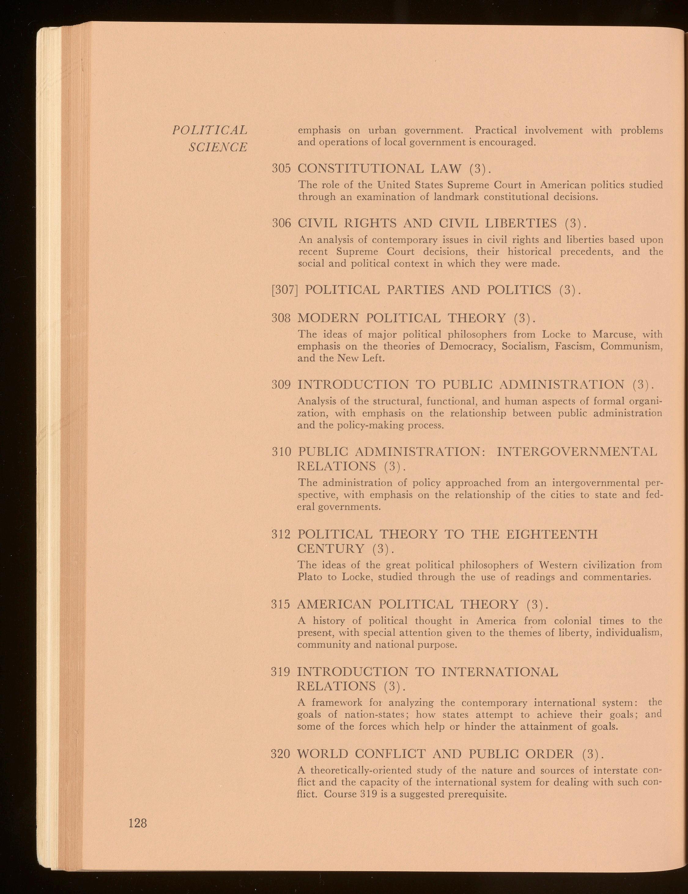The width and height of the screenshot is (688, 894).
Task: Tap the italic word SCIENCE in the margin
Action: (218, 147)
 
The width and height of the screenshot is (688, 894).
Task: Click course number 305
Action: (281, 169)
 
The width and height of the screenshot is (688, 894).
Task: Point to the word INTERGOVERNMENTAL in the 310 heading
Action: (577, 452)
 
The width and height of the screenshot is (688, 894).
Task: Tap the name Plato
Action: (308, 577)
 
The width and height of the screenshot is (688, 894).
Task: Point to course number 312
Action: (281, 535)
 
